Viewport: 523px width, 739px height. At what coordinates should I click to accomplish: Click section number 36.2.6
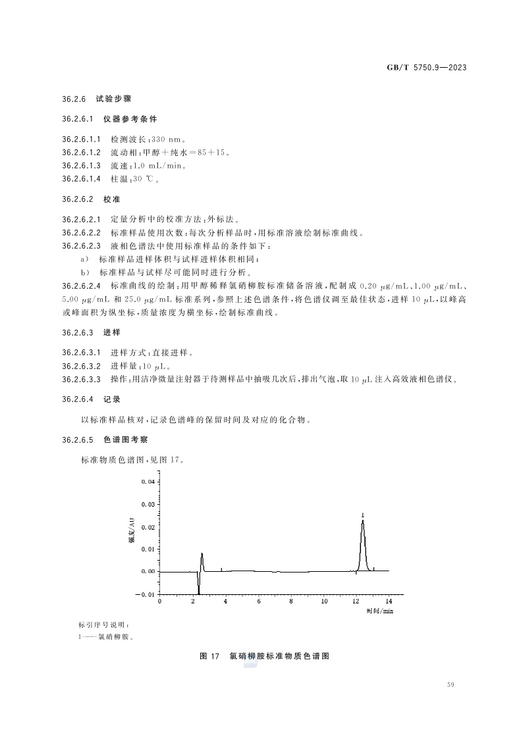coord(74,99)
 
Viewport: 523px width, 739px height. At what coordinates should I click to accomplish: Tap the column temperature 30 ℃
coord(142,179)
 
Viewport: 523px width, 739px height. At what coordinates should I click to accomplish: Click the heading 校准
coord(112,199)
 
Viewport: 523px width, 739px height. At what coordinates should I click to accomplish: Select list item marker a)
coord(84,259)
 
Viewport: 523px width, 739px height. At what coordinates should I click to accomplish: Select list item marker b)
coord(84,272)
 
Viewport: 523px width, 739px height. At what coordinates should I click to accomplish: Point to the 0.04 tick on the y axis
coord(148,482)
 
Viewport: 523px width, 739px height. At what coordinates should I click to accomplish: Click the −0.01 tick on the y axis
coord(146,595)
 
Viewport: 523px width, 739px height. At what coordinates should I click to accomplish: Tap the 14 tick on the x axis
coord(388,601)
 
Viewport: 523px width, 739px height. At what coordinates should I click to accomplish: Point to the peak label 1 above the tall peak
coord(362,515)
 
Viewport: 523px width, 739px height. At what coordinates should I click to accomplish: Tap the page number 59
coord(451,686)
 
